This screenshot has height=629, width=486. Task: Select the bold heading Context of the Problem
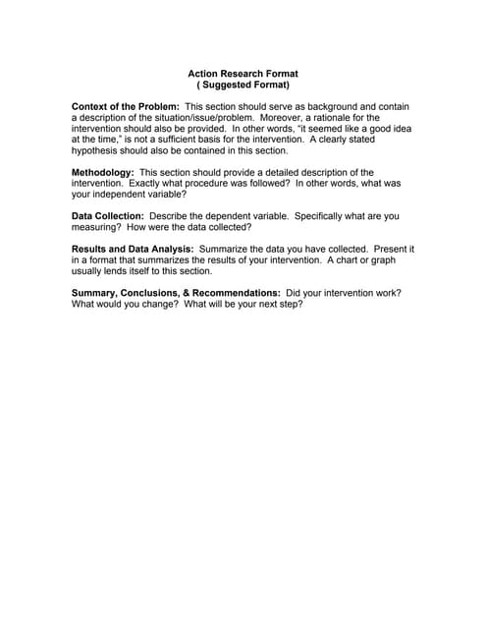(x=125, y=106)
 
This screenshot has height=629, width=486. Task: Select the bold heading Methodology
(x=102, y=173)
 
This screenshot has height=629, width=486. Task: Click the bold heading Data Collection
(x=108, y=215)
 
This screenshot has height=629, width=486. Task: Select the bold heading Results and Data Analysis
(x=133, y=250)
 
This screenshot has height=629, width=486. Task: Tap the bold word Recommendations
(x=236, y=293)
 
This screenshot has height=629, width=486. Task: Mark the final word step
(x=292, y=305)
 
